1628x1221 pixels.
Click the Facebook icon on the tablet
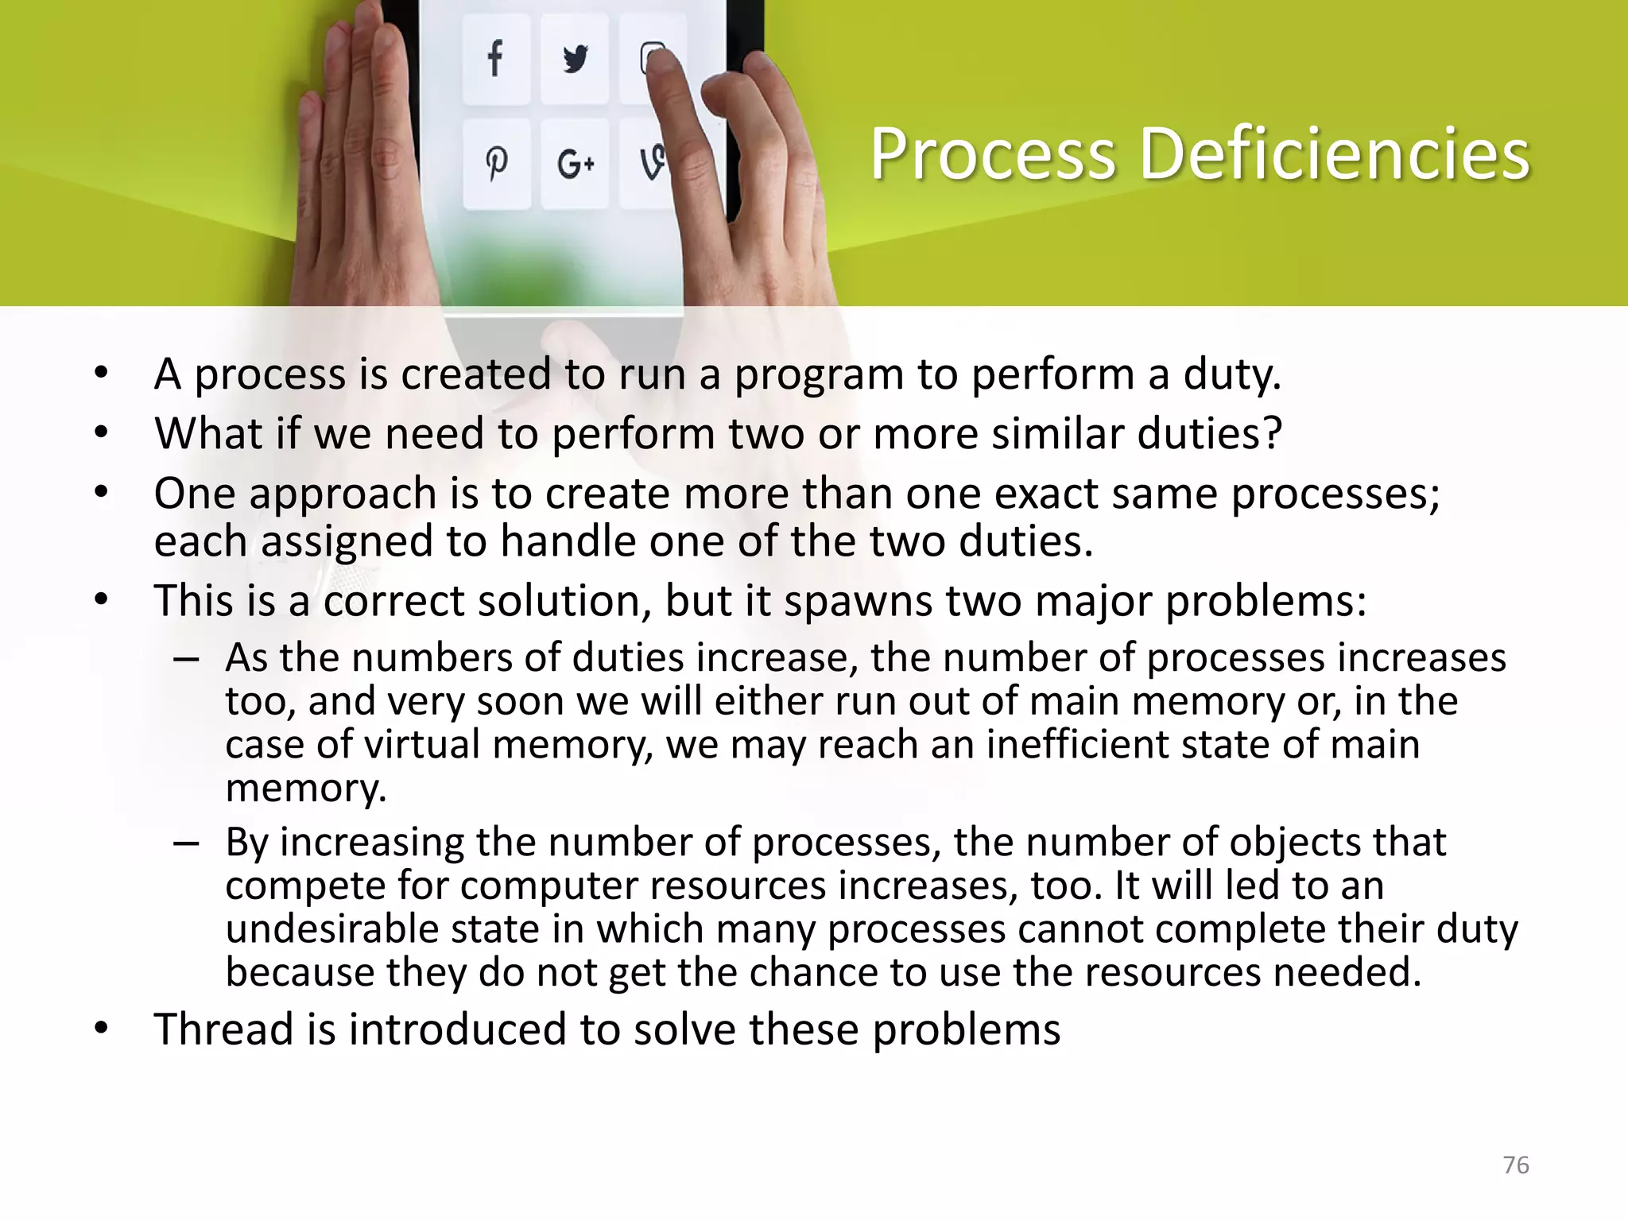pos(495,58)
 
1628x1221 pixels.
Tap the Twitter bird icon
pos(575,59)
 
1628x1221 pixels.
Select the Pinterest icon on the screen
pos(496,164)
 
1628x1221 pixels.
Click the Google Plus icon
pos(576,165)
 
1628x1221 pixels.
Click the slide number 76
pos(1516,1165)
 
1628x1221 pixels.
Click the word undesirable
pos(331,928)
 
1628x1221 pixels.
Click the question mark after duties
pos(1272,434)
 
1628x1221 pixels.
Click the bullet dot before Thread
pos(100,1029)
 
